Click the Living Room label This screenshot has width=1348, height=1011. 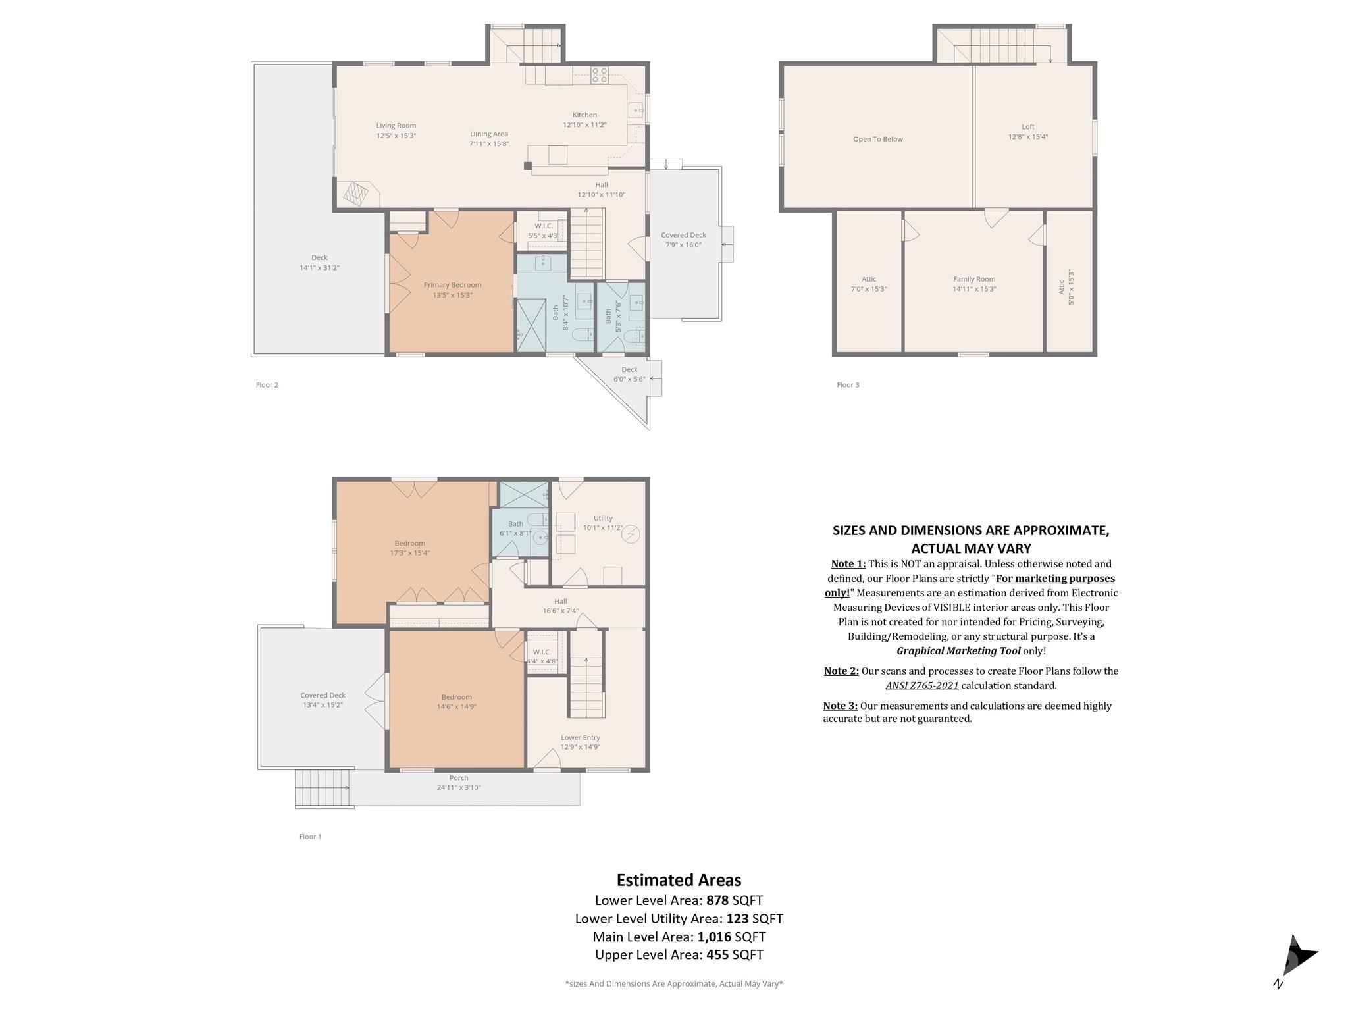click(396, 126)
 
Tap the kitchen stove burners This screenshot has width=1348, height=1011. click(600, 76)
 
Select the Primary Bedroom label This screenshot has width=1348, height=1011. click(452, 285)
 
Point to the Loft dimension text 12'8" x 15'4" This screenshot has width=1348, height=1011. click(1027, 137)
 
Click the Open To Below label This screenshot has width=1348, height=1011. click(877, 139)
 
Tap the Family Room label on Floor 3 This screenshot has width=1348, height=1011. click(974, 279)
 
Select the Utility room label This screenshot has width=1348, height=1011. click(602, 518)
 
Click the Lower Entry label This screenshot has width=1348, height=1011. click(580, 737)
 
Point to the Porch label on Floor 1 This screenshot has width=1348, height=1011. click(459, 778)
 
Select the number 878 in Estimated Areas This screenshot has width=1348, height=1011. click(717, 900)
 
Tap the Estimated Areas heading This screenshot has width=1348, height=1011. click(679, 880)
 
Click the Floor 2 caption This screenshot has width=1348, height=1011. click(267, 385)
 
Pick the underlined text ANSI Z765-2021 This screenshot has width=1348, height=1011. click(921, 686)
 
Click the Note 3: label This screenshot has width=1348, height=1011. click(840, 706)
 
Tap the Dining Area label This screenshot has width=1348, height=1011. click(489, 134)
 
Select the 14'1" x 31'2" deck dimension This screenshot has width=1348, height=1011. click(319, 268)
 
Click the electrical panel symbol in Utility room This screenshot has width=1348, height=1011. click(632, 534)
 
